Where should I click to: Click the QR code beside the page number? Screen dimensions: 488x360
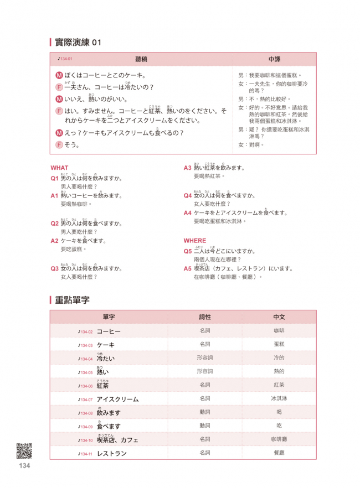coord(24,451)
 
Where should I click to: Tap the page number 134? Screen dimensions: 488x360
coord(24,466)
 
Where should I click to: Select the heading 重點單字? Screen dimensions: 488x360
coord(72,299)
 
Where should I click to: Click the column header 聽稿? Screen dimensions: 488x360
coord(141,58)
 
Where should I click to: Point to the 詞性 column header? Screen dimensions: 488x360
coord(205,318)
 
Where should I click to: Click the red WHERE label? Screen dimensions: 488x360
coord(194,241)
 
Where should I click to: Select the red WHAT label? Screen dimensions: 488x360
coord(59,168)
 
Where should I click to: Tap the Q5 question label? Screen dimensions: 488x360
coord(188,251)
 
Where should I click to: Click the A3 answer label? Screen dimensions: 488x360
coord(188,168)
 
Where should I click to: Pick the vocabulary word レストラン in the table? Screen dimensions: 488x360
coord(112,454)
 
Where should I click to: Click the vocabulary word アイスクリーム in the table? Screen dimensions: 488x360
coord(117,399)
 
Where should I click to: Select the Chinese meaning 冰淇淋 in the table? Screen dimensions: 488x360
coord(279,399)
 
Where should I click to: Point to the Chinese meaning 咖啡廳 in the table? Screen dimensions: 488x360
coord(279,440)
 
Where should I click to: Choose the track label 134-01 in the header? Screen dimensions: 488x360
coord(65,59)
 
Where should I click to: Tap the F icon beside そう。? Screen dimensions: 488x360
coord(59,145)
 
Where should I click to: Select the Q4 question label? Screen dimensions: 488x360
coord(188,195)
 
